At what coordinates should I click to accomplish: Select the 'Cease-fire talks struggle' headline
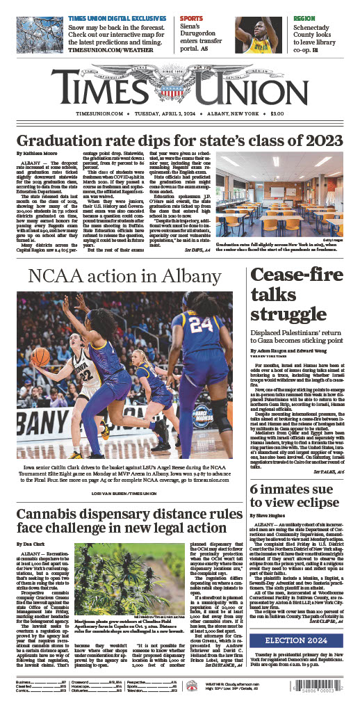(x=286, y=294)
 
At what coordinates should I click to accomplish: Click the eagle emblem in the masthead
(x=180, y=70)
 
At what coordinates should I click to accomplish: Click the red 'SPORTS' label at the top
(x=191, y=18)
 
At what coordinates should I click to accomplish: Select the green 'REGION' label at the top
(x=285, y=18)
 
